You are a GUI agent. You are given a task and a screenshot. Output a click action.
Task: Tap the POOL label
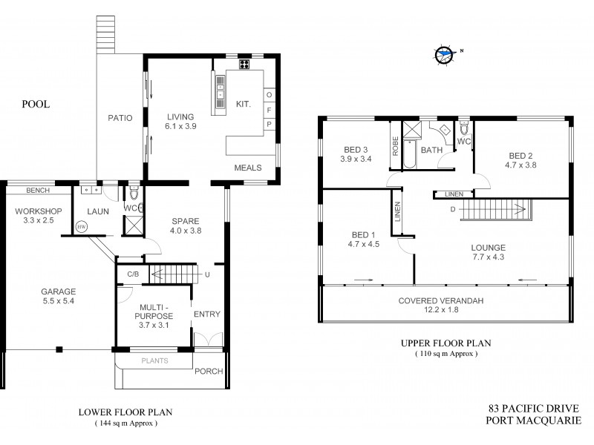coord(35,105)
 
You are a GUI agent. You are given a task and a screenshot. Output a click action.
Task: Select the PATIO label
coord(120,117)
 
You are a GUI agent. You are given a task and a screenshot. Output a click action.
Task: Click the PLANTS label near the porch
coord(154,361)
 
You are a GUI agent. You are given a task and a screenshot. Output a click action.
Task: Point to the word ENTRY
coord(206,314)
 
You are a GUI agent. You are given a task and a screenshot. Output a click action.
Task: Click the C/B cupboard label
coord(133,274)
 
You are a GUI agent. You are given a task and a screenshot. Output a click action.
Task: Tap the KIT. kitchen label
coord(243,105)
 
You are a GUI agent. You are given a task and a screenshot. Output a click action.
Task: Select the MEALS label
coord(247,168)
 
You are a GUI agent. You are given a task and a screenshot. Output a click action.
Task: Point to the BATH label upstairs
coord(432,151)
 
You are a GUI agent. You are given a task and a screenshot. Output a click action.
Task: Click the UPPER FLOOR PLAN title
coord(446,343)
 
